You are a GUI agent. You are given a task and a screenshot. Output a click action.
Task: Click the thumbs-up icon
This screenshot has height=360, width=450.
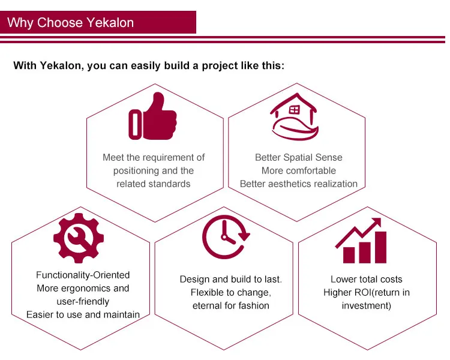[152, 116]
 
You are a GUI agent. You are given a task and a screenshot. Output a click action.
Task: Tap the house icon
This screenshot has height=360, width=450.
[294, 116]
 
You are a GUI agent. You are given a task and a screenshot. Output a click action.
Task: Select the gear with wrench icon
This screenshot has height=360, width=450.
[79, 238]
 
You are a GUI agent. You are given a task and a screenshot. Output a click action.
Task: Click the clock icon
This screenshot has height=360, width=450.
[226, 236]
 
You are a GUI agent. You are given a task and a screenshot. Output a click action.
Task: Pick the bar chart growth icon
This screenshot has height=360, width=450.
[361, 241]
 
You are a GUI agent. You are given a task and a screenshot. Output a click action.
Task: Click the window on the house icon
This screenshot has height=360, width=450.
[294, 110]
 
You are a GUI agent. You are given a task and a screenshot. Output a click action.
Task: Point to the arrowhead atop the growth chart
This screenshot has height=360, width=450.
[376, 223]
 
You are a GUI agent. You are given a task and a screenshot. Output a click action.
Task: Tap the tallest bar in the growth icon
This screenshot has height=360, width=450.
[380, 247]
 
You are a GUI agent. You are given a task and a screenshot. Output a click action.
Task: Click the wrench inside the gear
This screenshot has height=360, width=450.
[79, 238]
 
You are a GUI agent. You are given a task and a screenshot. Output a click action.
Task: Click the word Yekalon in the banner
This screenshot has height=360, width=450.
[110, 23]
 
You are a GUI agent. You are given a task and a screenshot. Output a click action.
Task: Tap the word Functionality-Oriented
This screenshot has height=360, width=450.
[83, 275]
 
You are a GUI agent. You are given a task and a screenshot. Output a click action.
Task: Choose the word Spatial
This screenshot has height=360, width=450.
[298, 158]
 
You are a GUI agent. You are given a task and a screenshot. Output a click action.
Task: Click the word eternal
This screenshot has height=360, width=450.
[207, 306]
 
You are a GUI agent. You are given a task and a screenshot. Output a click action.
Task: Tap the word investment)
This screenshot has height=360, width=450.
[367, 306]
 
